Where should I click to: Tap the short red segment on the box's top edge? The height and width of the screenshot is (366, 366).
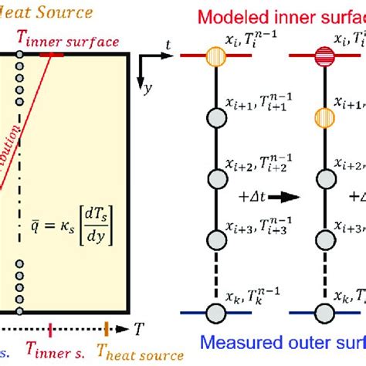52,53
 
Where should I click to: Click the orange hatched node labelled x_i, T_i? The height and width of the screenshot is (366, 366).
215,55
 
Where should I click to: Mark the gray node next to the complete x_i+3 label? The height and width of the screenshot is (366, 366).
215,236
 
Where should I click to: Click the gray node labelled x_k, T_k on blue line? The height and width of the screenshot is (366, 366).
215,312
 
